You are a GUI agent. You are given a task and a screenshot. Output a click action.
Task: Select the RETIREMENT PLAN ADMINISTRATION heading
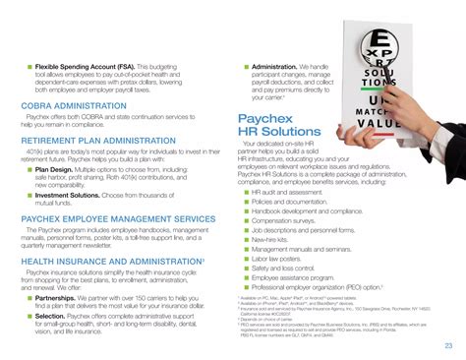point(105,142)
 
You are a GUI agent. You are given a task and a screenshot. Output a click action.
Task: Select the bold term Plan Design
point(55,168)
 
